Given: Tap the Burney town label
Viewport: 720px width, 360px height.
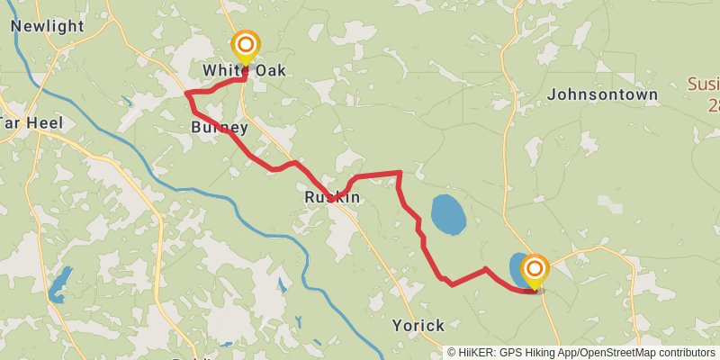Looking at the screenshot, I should pos(219,128).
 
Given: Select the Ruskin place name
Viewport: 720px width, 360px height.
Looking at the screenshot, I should pos(332,197).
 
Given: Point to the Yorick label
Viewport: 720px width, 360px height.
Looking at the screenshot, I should pos(418,325).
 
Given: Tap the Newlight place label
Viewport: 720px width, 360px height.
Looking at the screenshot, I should pos(47,26).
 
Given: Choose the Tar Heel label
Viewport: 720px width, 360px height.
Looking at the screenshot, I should pos(29,122).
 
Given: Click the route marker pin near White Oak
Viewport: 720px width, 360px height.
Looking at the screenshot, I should pos(245,45).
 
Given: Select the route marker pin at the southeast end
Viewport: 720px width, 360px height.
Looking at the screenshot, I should pos(535,269).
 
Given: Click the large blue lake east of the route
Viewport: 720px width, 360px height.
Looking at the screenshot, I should pos(448,214).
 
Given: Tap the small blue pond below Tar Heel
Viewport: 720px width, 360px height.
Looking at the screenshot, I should pos(58,284).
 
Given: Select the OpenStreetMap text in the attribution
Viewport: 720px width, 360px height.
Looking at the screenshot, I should pos(618,353).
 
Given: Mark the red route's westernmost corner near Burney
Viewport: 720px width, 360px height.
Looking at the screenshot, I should pos(186,94).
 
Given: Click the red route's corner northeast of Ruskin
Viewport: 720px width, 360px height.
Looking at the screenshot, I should pos(400,172).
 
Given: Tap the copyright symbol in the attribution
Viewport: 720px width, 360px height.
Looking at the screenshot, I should pos(453,353).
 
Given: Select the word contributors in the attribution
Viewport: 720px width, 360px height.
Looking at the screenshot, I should pos(687,353).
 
